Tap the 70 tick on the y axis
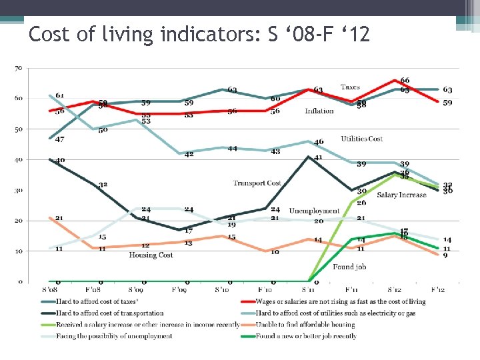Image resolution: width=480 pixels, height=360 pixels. tap(19, 68)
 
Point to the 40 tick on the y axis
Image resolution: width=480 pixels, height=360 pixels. tap(19, 160)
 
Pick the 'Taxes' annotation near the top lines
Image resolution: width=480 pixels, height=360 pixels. tap(350, 87)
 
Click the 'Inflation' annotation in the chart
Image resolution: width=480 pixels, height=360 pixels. tap(319, 111)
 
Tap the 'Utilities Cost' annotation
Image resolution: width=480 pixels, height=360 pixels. tap(361, 139)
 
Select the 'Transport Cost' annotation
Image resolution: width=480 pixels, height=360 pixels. tap(257, 183)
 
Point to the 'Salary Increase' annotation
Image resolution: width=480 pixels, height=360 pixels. tap(401, 195)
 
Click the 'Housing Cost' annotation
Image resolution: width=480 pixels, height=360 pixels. tap(151, 255)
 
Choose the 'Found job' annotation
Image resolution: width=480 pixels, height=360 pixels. tap(349, 267)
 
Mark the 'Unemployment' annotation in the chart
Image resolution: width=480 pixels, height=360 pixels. tap(314, 211)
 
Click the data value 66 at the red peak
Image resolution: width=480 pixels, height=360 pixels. tap(405, 81)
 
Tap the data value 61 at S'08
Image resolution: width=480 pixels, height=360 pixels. tap(59, 95)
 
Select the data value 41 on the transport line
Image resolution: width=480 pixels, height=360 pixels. tap(319, 157)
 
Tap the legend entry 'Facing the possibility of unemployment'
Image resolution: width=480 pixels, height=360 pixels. tap(107, 336)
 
